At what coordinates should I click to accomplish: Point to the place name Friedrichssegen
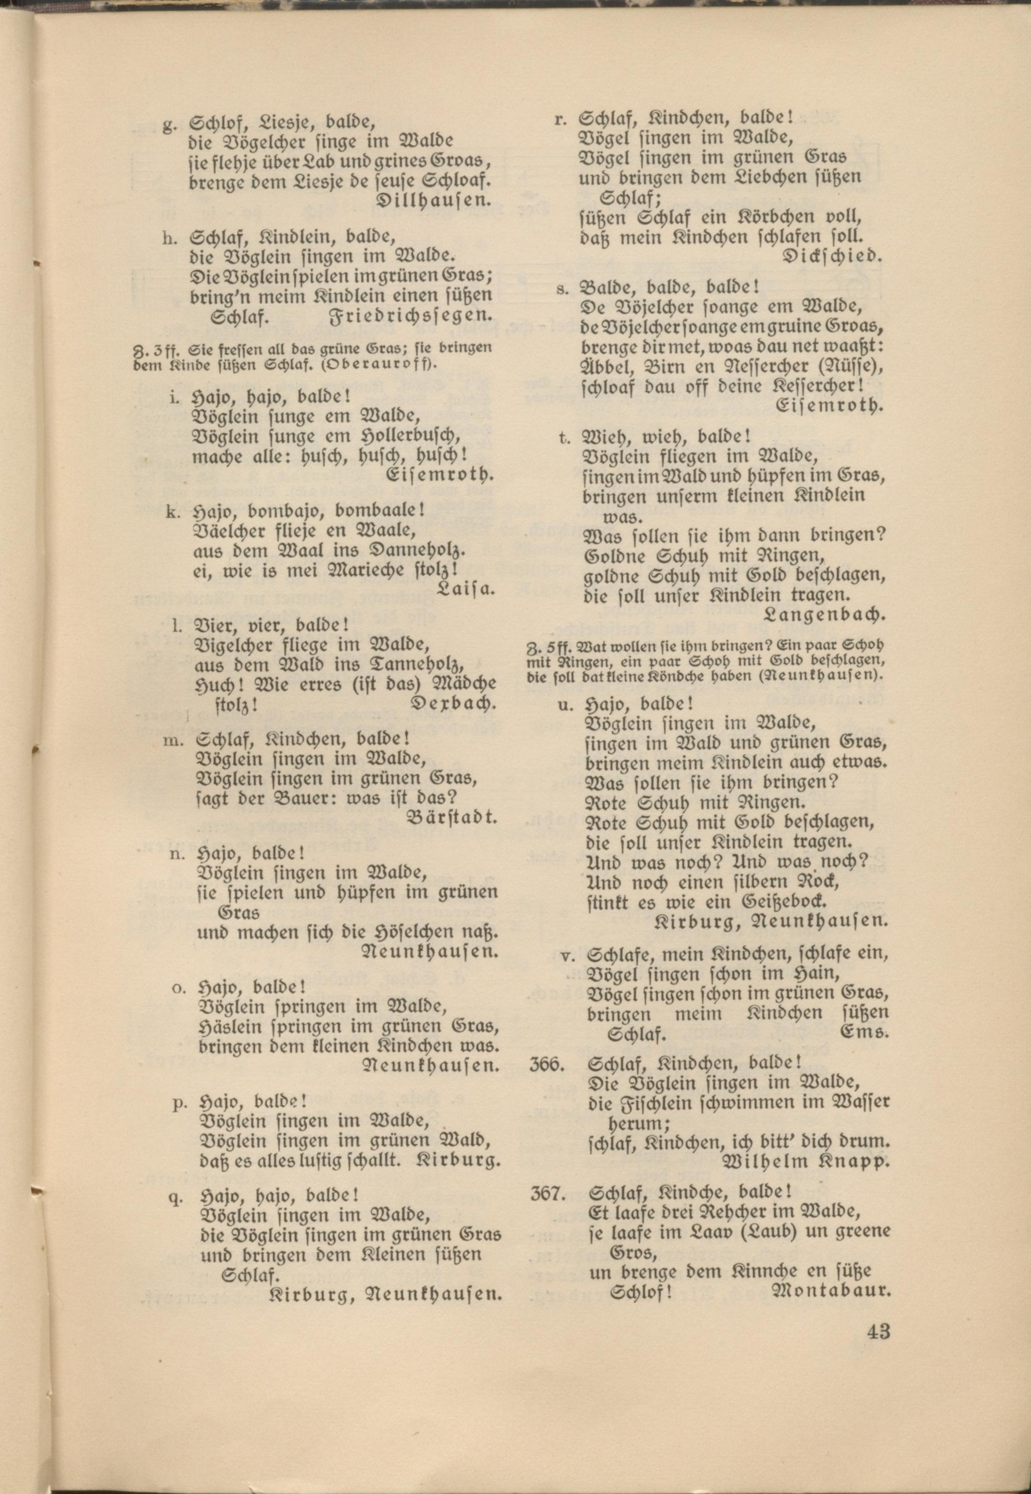[x=411, y=316]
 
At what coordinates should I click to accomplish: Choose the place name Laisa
[x=465, y=588]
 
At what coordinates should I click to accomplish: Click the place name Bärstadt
[x=453, y=817]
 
